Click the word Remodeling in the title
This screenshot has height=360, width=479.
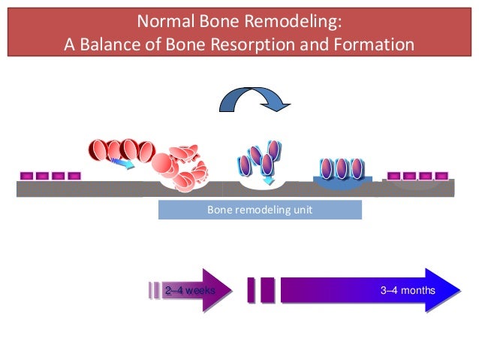point(293,22)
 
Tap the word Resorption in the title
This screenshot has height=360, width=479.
point(253,44)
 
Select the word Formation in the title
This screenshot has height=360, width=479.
point(374,44)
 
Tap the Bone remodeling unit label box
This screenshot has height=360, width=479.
point(260,210)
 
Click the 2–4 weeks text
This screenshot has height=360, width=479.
point(190,290)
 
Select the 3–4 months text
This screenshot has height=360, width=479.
point(408,290)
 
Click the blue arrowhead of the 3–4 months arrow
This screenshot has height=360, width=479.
point(442,290)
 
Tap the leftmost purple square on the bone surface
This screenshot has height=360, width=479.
point(26,176)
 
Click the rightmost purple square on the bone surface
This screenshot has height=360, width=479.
point(441,176)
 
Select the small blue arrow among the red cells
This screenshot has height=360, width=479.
point(122,163)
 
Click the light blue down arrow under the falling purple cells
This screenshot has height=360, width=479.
point(269,180)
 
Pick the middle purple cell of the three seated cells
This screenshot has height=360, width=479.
point(341,168)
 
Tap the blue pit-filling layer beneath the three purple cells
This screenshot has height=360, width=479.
point(342,183)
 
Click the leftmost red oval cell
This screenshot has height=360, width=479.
point(98,150)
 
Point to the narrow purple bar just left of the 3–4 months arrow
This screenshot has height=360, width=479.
point(251,290)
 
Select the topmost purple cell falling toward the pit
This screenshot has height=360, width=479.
point(274,150)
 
